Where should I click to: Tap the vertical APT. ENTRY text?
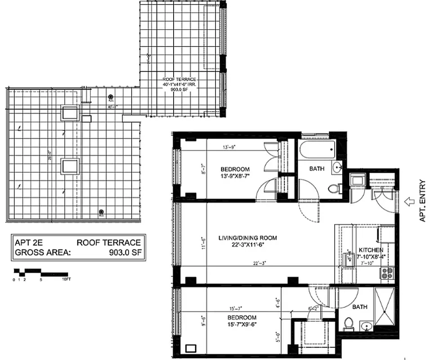pyautogui.click(x=423, y=201)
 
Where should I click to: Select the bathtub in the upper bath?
pyautogui.click(x=317, y=149)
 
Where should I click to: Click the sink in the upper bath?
pyautogui.click(x=337, y=168)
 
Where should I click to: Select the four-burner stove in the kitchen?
pyautogui.click(x=387, y=272)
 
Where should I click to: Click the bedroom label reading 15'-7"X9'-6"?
pyautogui.click(x=242, y=321)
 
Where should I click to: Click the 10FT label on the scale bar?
pyautogui.click(x=66, y=279)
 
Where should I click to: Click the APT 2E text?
pyautogui.click(x=28, y=243)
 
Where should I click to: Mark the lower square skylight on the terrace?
pyautogui.click(x=70, y=166)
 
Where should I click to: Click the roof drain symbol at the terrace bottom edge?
pyautogui.click(x=102, y=212)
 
